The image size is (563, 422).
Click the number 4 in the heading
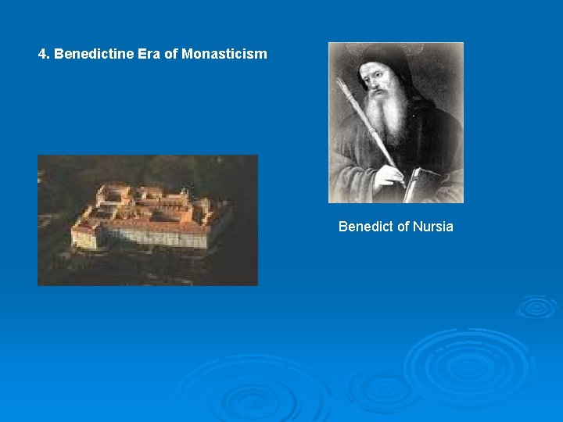point(43,55)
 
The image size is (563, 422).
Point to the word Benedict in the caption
point(366,227)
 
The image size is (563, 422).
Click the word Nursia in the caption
point(433,227)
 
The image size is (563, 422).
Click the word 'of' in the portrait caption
point(403,227)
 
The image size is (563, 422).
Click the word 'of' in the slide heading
point(163,55)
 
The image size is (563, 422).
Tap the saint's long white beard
point(385,117)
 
